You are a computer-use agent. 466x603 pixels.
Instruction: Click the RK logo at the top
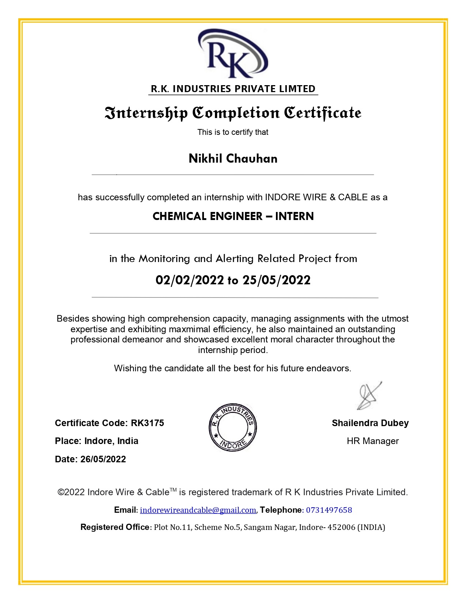(x=233, y=54)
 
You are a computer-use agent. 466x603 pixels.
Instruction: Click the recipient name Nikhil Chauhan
(x=233, y=159)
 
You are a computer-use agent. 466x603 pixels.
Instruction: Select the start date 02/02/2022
(x=189, y=280)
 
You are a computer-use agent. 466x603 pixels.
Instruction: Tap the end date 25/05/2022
(x=277, y=280)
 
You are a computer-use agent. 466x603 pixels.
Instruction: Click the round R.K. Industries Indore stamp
(x=233, y=427)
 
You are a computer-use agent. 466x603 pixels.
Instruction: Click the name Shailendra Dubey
(x=370, y=423)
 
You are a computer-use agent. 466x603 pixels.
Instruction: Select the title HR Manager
(x=372, y=441)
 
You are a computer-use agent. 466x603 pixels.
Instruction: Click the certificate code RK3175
(x=148, y=423)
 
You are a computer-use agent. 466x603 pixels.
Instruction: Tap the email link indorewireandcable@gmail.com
(x=198, y=510)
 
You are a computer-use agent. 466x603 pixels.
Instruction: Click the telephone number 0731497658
(x=329, y=510)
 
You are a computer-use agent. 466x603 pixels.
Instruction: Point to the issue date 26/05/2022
(x=103, y=459)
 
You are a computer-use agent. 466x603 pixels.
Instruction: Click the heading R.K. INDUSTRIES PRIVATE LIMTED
(x=233, y=89)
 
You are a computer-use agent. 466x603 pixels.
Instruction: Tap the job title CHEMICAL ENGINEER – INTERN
(x=233, y=216)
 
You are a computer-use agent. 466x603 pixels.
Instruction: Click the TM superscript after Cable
(x=173, y=490)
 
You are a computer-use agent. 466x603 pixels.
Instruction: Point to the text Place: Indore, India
(x=96, y=441)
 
